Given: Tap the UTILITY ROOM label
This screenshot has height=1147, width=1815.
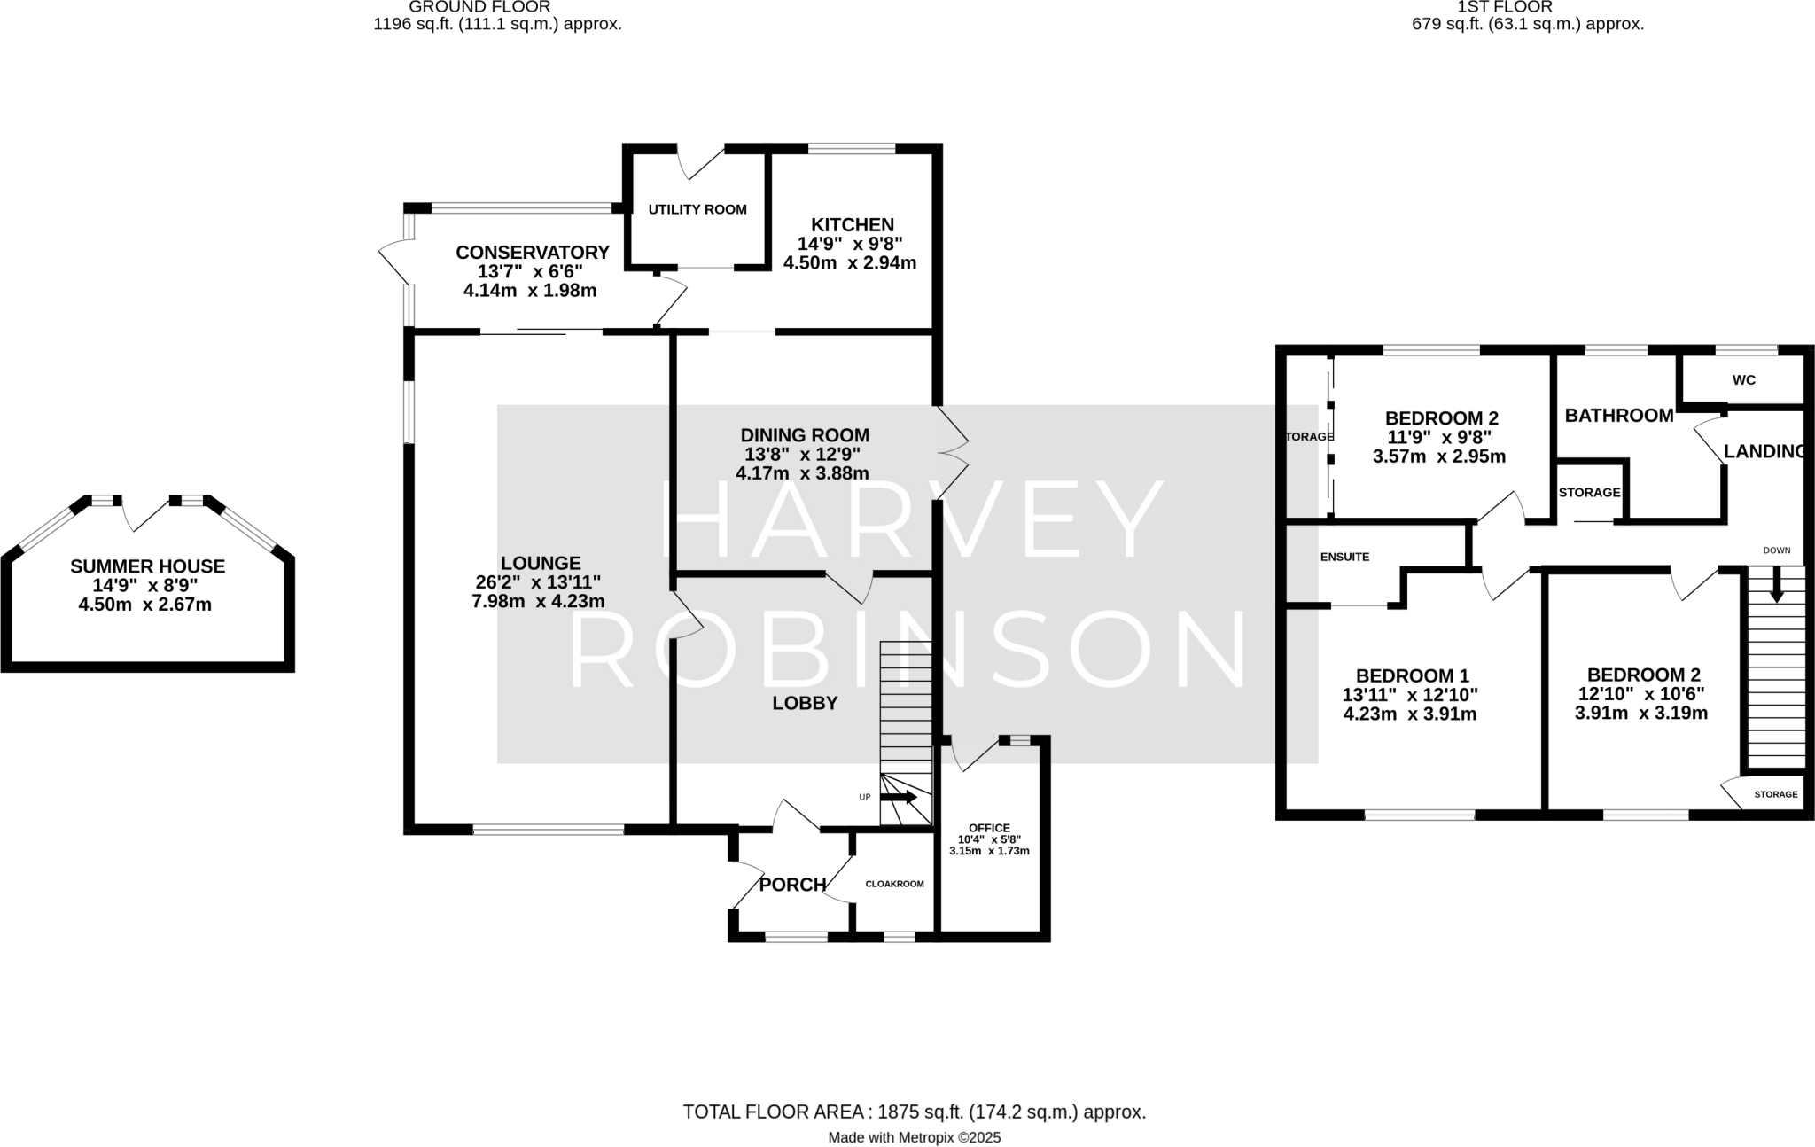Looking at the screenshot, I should coord(697,210).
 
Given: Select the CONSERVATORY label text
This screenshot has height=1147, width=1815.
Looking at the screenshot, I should coord(532,253).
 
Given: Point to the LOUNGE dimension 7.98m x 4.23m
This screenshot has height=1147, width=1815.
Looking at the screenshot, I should coord(539,602).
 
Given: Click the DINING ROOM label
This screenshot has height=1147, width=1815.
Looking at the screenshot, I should coord(805,435).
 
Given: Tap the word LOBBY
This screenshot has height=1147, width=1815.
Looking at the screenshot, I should coord(805,704).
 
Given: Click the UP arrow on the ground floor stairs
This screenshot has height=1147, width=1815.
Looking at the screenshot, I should coord(899,798).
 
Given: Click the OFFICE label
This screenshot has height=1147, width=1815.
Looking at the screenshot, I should coord(989,828).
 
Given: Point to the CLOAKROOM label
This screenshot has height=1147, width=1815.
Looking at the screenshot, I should coord(894,884).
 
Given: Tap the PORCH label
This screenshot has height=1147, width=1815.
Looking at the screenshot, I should coord(792,885).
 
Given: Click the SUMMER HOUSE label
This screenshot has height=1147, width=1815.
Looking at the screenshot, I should coord(148,566).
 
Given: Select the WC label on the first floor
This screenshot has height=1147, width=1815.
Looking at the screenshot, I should coord(1743,380).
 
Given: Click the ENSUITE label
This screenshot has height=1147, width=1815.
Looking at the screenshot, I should coord(1344,558).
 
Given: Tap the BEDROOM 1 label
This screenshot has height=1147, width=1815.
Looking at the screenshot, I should coord(1410,675).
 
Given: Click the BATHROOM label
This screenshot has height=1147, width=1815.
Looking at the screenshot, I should coord(1618,416).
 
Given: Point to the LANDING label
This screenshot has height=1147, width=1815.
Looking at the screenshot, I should coord(1764,451).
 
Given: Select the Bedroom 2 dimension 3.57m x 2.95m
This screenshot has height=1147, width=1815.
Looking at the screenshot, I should coord(1438,457).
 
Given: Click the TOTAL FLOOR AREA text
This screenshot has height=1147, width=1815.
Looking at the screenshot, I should coord(914,1112).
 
